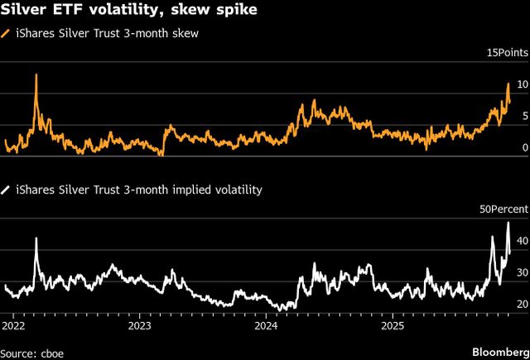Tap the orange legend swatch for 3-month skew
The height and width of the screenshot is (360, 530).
pos(7,33)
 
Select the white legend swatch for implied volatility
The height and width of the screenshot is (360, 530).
pos(7,190)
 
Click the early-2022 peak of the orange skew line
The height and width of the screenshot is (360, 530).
pos(36,75)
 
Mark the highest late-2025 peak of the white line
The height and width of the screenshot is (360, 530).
pos(508,223)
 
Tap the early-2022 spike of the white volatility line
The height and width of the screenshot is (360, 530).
pos(36,238)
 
